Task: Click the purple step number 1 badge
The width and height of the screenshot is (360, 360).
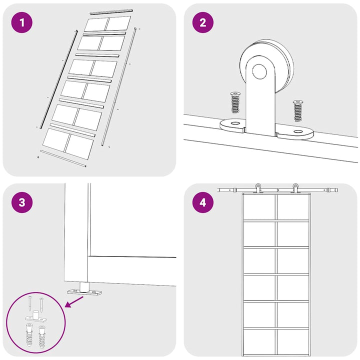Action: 22,22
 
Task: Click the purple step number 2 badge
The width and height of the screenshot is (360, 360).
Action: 202,22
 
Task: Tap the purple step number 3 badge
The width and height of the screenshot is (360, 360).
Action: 22,202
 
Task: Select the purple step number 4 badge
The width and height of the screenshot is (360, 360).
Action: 202,202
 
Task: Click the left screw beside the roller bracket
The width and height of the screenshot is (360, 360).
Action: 235,102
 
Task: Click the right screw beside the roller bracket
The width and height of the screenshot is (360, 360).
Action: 298,110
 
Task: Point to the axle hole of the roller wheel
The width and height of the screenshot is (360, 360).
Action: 259,71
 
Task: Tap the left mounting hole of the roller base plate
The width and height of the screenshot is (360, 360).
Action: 235,123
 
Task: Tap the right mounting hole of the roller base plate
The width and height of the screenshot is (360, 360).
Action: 298,131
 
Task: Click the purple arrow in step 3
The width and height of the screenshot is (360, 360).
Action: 74,301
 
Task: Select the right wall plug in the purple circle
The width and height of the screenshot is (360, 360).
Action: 42,336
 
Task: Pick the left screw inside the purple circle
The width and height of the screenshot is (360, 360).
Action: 30,303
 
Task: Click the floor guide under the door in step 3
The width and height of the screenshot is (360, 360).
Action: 84,290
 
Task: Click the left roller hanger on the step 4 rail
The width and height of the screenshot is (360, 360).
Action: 258,188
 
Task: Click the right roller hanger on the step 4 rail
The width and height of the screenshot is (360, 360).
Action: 295,188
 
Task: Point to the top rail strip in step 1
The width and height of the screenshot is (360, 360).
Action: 111,11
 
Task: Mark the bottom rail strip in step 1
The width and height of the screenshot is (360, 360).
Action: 63,158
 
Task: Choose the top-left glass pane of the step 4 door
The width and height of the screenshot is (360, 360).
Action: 259,207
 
